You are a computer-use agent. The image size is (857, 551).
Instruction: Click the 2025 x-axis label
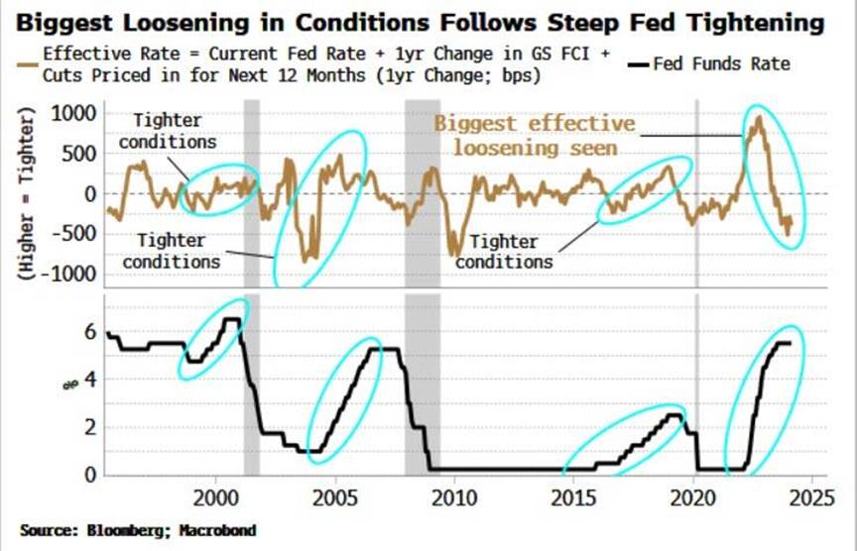point(812,496)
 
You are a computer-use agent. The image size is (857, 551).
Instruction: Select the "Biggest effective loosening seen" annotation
point(535,135)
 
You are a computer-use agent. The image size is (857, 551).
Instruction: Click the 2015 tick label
point(574,496)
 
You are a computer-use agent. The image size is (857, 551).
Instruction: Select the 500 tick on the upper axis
point(76,154)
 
